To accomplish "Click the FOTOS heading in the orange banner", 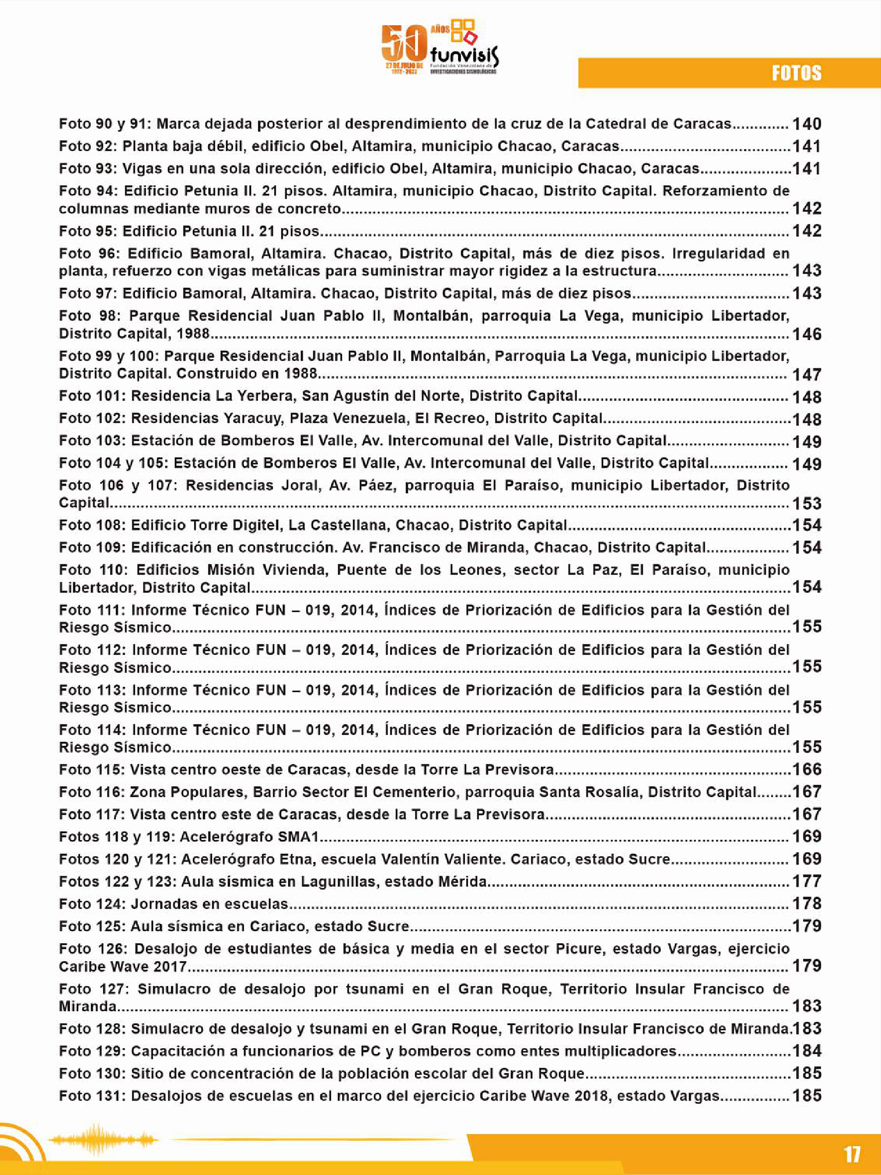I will pyautogui.click(x=796, y=73).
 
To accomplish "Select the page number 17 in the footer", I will pyautogui.click(x=851, y=1154).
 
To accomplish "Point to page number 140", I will pyautogui.click(x=807, y=124).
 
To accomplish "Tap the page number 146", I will pyautogui.click(x=807, y=334).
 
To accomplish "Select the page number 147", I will pyautogui.click(x=807, y=375).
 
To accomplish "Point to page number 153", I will pyautogui.click(x=807, y=503).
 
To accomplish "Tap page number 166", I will pyautogui.click(x=807, y=769).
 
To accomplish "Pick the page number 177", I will pyautogui.click(x=807, y=881).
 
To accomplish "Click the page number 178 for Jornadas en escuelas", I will pyautogui.click(x=807, y=903).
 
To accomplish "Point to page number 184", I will pyautogui.click(x=807, y=1051).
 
